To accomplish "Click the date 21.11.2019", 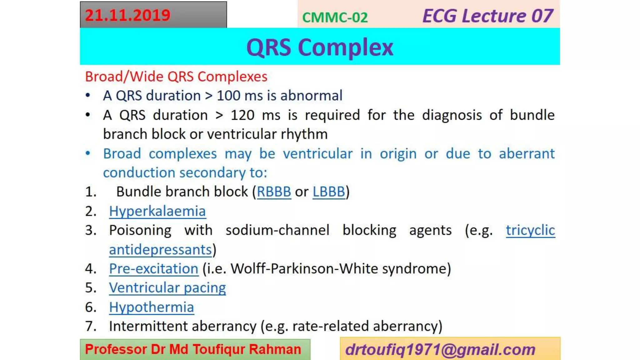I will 127,15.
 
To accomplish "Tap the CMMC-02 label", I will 335,17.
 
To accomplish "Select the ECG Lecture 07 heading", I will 487,16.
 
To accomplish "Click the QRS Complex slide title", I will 320,47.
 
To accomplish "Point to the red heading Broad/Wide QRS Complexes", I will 176,77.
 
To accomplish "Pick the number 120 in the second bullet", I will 242,115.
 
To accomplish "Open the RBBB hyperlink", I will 274,192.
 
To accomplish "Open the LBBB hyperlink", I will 329,192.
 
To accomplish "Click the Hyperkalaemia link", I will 157,211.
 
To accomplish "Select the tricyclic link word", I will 530,230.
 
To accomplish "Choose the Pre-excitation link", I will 153,269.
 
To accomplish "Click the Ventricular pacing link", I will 167,288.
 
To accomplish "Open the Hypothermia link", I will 152,307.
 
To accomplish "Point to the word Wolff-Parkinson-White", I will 304,269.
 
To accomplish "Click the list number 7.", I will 91,326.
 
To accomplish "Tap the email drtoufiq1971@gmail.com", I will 440,349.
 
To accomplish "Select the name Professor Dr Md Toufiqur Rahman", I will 193,349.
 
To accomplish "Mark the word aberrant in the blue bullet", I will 527,154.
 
